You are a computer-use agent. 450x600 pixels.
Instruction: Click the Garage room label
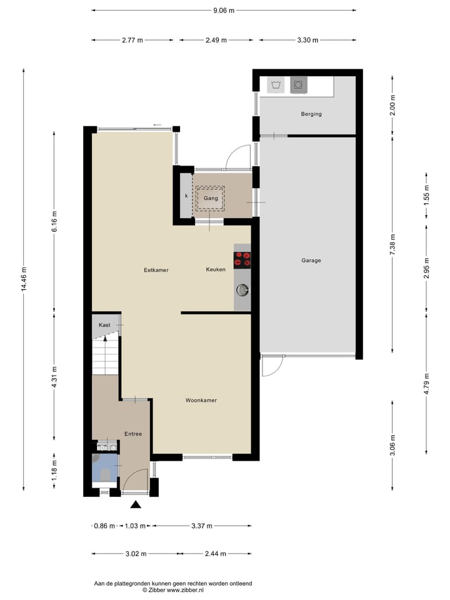pyautogui.click(x=311, y=261)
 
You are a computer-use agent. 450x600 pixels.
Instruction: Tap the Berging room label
pyautogui.click(x=311, y=114)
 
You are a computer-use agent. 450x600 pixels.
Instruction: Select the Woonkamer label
pyautogui.click(x=201, y=400)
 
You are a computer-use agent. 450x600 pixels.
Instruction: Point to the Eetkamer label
pyautogui.click(x=156, y=270)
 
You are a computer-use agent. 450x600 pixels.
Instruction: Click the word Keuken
pyautogui.click(x=216, y=270)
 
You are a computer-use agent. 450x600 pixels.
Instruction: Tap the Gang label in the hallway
pyautogui.click(x=210, y=198)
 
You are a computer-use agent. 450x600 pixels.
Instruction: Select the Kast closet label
pyautogui.click(x=104, y=325)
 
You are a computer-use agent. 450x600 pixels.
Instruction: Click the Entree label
pyautogui.click(x=132, y=434)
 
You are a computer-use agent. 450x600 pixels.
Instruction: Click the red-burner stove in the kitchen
pyautogui.click(x=242, y=259)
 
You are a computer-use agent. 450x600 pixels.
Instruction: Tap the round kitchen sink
pyautogui.click(x=242, y=289)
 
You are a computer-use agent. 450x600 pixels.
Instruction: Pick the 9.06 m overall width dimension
pyautogui.click(x=223, y=11)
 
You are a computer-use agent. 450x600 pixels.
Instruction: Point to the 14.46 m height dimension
pyautogui.click(x=24, y=279)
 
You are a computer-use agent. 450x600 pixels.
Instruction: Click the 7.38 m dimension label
pyautogui.click(x=392, y=243)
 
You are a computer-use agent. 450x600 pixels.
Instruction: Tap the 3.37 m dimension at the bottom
pyautogui.click(x=201, y=526)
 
